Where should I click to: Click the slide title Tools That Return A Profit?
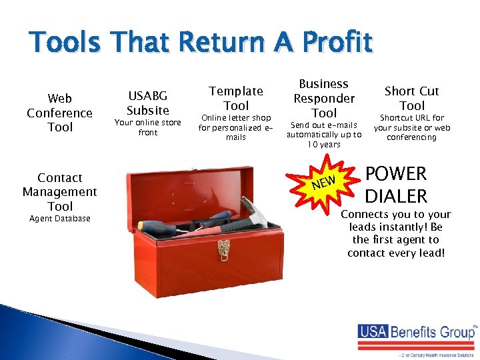click(200, 43)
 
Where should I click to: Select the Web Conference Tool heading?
click(60, 113)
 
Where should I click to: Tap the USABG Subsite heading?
click(148, 103)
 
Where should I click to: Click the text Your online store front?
click(148, 127)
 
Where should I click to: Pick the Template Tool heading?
click(236, 98)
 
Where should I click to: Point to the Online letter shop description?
click(236, 127)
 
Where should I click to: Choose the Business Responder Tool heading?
click(324, 98)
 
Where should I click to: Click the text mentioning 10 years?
click(324, 135)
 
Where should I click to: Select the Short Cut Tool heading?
click(412, 98)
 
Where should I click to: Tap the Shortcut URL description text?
click(412, 127)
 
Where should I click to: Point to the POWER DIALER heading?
click(396, 185)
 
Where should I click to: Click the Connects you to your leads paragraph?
click(396, 233)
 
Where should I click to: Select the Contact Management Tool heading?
click(60, 191)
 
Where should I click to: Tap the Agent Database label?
click(60, 219)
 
